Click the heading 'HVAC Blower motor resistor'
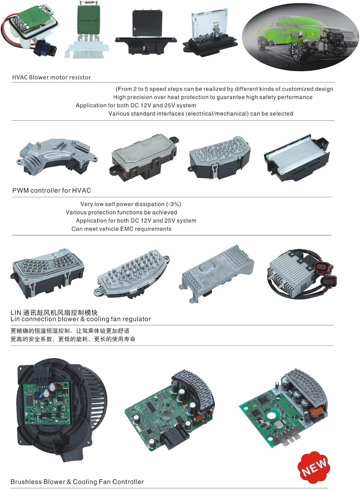click(x=51, y=77)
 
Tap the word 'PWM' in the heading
click(x=21, y=190)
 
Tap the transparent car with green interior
click(x=301, y=37)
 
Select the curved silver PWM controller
click(x=57, y=156)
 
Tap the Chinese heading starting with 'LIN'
click(x=54, y=313)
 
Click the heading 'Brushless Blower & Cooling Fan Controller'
click(x=77, y=482)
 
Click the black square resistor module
click(x=146, y=32)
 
